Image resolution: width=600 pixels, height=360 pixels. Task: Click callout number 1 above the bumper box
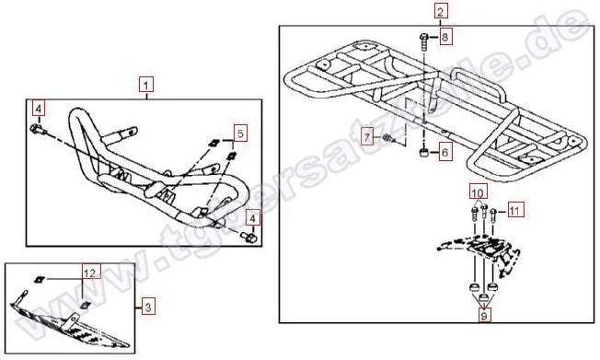click(x=145, y=85)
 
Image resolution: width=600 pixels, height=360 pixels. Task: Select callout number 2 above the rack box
click(x=441, y=11)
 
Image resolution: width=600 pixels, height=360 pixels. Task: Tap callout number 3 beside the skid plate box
click(x=148, y=307)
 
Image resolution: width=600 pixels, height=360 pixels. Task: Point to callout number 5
click(x=240, y=134)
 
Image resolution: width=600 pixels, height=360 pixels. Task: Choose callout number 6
click(x=444, y=153)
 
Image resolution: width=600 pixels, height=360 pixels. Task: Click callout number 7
click(x=368, y=136)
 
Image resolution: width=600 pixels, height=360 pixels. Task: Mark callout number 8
click(x=444, y=37)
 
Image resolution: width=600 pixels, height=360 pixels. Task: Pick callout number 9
click(x=484, y=316)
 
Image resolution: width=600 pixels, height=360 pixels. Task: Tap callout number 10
click(x=479, y=192)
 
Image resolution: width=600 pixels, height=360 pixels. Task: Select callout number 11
click(x=515, y=210)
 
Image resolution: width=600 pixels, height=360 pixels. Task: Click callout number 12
click(x=89, y=273)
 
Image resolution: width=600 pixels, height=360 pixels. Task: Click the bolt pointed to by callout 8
click(x=424, y=43)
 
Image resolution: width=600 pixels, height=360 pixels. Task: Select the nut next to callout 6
click(x=423, y=153)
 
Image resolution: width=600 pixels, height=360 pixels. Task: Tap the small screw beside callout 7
click(x=387, y=138)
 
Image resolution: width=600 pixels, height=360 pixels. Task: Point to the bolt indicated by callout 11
click(x=493, y=215)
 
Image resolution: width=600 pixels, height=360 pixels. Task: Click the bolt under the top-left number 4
click(x=38, y=130)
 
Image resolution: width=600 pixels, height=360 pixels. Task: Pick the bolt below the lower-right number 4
click(x=248, y=237)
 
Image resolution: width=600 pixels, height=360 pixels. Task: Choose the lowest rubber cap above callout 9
click(x=484, y=297)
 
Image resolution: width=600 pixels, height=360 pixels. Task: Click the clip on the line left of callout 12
click(x=39, y=280)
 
